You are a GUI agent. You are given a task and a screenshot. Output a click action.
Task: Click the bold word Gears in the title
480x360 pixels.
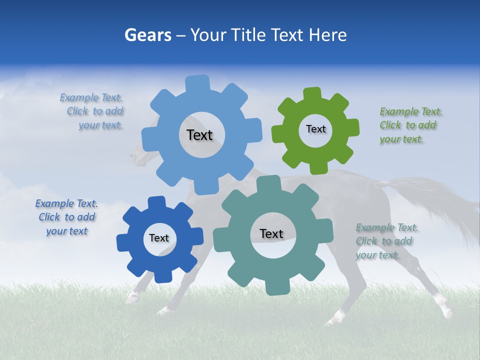[x=147, y=35]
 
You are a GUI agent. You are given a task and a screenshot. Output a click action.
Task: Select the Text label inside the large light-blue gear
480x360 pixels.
[x=199, y=135]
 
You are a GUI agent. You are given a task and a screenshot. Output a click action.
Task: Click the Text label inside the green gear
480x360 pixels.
[x=315, y=129]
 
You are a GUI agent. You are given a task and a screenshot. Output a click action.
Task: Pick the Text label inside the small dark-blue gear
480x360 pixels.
[x=159, y=238]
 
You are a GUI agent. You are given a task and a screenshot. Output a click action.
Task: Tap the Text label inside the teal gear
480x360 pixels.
[x=271, y=233]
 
